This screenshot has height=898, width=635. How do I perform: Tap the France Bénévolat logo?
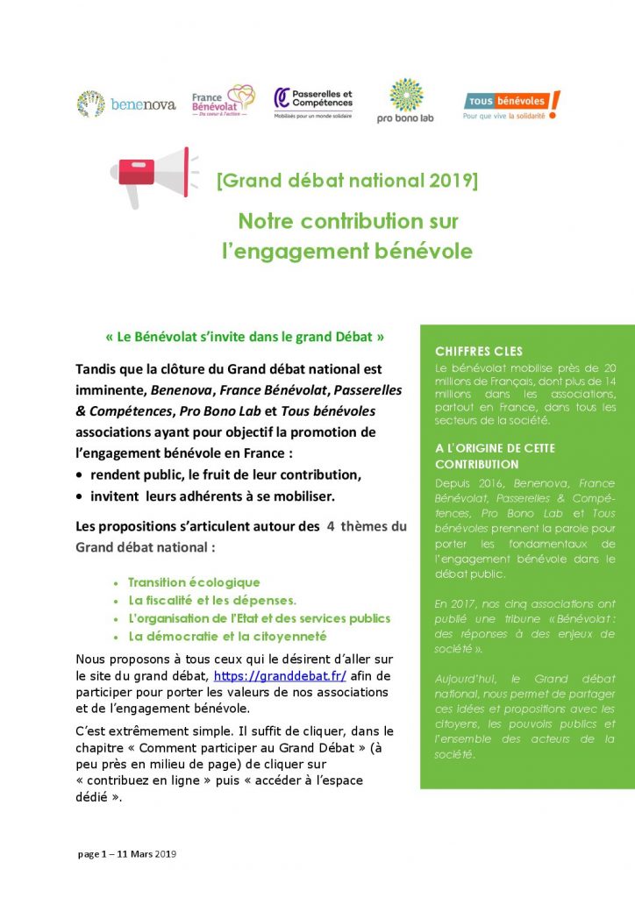[223, 102]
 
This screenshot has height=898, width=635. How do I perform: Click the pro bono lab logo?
[405, 101]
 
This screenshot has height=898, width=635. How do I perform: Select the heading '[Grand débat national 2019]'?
[347, 181]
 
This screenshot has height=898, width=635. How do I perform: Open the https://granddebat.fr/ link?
[280, 676]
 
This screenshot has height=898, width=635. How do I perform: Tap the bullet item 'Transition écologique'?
[194, 582]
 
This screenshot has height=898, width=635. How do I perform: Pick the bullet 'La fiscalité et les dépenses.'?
[212, 601]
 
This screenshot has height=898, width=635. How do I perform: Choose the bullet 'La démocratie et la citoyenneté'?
[227, 637]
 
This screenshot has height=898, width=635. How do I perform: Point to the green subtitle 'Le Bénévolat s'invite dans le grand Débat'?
[245, 336]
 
